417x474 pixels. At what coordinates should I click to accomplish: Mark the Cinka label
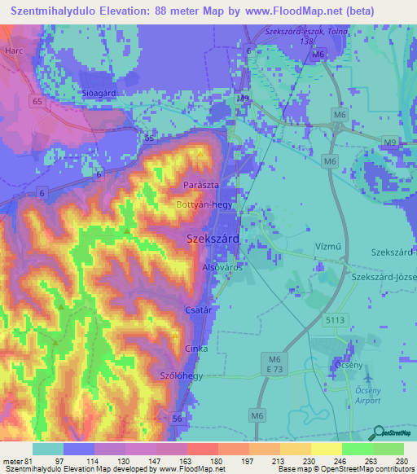(195, 348)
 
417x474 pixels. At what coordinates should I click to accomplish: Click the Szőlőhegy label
(182, 374)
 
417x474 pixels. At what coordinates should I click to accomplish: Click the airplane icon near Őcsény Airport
(365, 378)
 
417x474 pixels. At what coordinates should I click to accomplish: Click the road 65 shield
(37, 102)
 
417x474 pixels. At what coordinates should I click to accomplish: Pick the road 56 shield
(177, 418)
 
